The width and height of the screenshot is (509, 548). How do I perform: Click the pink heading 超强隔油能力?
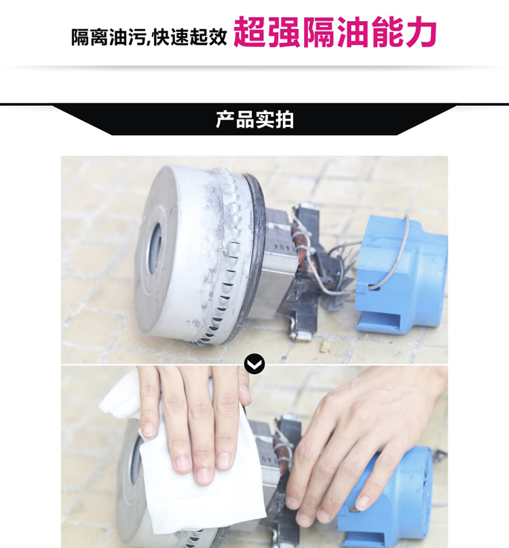335,33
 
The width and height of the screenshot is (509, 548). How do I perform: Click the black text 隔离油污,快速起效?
149,37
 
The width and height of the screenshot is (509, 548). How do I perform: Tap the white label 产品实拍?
254,120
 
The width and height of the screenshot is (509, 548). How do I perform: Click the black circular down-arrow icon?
254,364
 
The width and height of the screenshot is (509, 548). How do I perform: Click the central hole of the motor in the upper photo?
155,249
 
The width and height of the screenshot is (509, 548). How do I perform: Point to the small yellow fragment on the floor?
325,346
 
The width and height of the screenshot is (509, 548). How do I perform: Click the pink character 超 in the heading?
250,32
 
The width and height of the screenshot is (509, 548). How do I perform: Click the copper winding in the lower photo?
281,458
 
